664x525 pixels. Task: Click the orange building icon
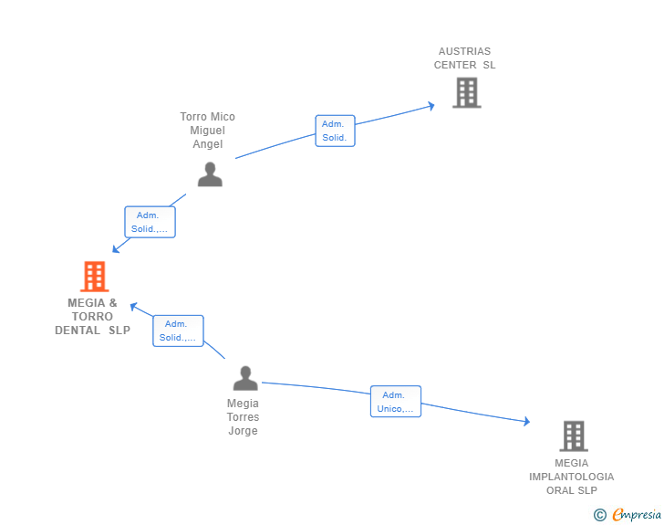pyautogui.click(x=95, y=276)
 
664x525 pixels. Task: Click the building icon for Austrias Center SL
pyautogui.click(x=467, y=92)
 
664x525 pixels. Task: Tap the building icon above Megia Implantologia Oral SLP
pyautogui.click(x=574, y=436)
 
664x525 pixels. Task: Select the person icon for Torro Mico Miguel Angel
pyautogui.click(x=210, y=174)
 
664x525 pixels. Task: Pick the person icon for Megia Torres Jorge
pyautogui.click(x=245, y=378)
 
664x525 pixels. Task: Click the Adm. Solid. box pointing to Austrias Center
pyautogui.click(x=335, y=131)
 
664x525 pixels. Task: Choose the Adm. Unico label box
pyautogui.click(x=396, y=401)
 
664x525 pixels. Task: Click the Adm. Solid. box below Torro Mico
pyautogui.click(x=150, y=222)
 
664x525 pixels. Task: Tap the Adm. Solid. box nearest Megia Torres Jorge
pyautogui.click(x=178, y=331)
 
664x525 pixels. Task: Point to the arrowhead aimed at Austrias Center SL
pyautogui.click(x=431, y=106)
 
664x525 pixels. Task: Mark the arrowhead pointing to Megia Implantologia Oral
pyautogui.click(x=526, y=421)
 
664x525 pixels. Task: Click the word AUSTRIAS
pyautogui.click(x=464, y=51)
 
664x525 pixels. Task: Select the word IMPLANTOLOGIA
pyautogui.click(x=571, y=477)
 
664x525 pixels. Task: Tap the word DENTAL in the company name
pyautogui.click(x=78, y=331)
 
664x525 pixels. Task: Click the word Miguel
pyautogui.click(x=208, y=131)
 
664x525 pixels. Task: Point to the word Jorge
pyautogui.click(x=243, y=431)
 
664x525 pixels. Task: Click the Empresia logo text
pyautogui.click(x=637, y=514)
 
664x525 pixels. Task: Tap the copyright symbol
pyautogui.click(x=599, y=515)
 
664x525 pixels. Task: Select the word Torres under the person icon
pyautogui.click(x=243, y=417)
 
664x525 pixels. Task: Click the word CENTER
pyautogui.click(x=455, y=65)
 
